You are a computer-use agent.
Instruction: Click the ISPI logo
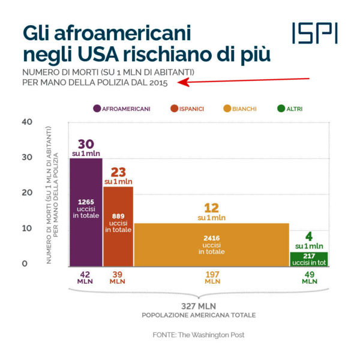[314, 33]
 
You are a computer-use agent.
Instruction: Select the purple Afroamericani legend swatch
[97, 109]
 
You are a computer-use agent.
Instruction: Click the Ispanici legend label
[191, 109]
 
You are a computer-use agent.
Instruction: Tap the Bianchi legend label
[244, 109]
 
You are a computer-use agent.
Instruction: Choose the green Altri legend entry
[294, 109]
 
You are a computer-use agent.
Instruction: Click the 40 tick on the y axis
[26, 122]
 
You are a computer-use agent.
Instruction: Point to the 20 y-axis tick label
[26, 193]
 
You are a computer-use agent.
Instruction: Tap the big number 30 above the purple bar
[86, 144]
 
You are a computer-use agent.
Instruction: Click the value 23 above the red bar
[118, 172]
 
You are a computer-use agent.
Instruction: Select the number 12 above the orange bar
[211, 208]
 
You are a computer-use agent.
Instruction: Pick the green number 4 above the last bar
[309, 236]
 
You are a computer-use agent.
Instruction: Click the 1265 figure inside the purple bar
[86, 201]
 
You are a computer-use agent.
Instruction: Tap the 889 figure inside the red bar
[118, 215]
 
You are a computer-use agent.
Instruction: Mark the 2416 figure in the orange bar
[211, 238]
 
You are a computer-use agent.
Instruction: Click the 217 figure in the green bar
[309, 256]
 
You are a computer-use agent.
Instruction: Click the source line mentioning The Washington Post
[198, 335]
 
